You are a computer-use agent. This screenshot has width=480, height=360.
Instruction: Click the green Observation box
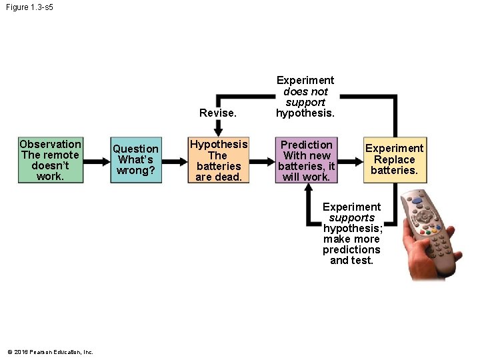tap(51, 160)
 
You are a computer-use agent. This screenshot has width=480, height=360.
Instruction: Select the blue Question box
tap(135, 160)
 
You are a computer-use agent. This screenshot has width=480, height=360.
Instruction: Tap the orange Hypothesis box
tap(218, 160)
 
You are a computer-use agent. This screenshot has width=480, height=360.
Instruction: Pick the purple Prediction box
tap(307, 160)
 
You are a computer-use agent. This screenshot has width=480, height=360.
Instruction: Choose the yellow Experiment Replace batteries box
tap(394, 160)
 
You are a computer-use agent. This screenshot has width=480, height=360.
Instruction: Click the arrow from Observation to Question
tap(96, 161)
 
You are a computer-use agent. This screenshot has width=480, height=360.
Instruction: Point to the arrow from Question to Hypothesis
tap(175, 161)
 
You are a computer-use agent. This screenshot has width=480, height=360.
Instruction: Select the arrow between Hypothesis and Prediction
tap(262, 161)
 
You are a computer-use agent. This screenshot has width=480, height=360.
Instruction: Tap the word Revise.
tap(218, 113)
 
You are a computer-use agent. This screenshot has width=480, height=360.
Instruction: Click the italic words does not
tap(305, 91)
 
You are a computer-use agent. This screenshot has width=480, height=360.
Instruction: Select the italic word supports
tap(351, 218)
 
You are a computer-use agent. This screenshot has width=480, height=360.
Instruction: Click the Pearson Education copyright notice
tap(51, 352)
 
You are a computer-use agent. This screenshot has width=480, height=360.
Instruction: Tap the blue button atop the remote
tap(417, 199)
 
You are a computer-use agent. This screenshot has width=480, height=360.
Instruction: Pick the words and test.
tap(351, 261)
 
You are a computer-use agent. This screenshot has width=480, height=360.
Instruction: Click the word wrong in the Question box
tap(135, 171)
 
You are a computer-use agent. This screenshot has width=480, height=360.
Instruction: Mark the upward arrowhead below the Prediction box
tap(307, 189)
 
